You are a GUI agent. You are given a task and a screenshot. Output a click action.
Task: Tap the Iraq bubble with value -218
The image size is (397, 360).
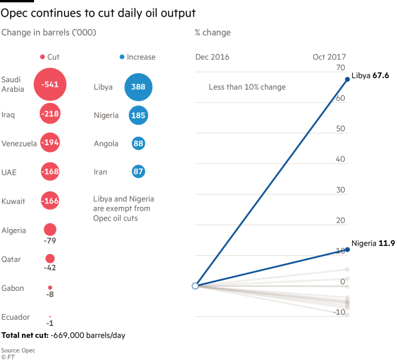pos(50,115)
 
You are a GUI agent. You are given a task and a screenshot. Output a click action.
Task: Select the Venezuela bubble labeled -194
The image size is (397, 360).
pos(50,143)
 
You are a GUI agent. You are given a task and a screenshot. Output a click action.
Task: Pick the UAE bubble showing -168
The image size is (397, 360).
pos(50,172)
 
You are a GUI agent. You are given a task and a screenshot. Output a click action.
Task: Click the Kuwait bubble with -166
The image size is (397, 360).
pos(50,201)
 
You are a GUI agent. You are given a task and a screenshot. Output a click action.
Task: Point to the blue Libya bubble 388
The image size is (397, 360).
pos(138,87)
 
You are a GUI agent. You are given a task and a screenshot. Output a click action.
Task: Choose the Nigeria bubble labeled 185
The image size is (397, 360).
pos(138,115)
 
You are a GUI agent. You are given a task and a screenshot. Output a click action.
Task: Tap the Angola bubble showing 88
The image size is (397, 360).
pos(138,144)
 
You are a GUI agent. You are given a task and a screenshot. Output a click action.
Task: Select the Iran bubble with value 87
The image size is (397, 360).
pos(138,172)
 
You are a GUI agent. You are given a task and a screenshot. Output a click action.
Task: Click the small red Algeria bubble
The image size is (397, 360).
pos(50,230)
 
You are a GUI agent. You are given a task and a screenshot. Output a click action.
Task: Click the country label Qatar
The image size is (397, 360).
pos(11,260)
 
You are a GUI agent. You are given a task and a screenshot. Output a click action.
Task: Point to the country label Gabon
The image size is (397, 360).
pos(12,288)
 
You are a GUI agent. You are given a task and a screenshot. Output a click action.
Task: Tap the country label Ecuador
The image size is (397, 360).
pos(15,317)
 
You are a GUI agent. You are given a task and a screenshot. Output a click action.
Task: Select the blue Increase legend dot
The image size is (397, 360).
pos(122,57)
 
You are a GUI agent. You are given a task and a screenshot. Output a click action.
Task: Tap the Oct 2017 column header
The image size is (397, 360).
pos(329,57)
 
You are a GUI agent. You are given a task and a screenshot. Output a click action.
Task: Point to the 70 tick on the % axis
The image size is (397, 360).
pos(341,68)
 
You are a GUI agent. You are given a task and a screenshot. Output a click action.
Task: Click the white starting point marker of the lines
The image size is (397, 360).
pos(195,286)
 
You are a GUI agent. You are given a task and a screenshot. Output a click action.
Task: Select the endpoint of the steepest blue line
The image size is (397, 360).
pos(347,79)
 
